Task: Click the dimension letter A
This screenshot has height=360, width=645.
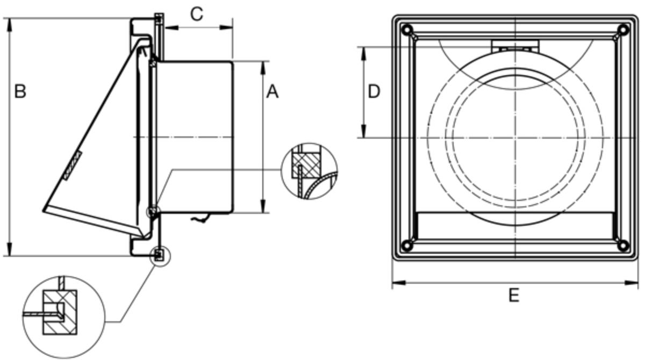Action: (x=272, y=92)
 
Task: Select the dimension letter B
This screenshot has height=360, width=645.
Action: (x=20, y=91)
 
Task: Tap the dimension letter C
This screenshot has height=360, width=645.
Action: (x=197, y=14)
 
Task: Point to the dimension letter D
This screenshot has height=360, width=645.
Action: (x=374, y=91)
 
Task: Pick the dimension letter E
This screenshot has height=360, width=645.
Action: (x=514, y=295)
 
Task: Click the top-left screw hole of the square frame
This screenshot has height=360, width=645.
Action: (x=407, y=30)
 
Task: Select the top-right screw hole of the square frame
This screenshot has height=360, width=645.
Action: (x=623, y=30)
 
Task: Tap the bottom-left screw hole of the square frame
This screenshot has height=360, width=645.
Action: (x=407, y=246)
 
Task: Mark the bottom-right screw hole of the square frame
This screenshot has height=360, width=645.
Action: (x=623, y=246)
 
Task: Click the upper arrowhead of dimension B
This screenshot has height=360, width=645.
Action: (x=10, y=25)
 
